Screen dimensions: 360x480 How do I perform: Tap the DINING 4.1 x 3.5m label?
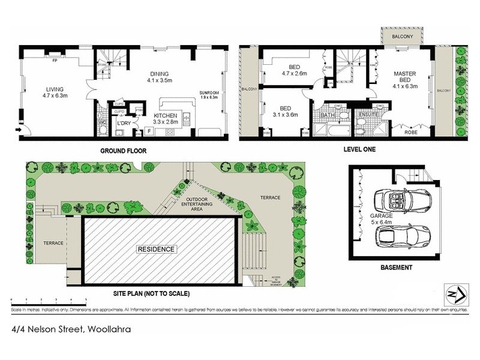(160, 76)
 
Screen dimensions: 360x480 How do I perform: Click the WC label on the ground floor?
(102, 124)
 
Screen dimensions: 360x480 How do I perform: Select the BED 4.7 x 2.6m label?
(294, 70)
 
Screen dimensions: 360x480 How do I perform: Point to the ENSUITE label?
(367, 114)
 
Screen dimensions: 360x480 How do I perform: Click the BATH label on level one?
(328, 114)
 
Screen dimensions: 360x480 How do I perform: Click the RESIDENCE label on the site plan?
(157, 249)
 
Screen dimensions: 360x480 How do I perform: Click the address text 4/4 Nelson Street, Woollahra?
(71, 329)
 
